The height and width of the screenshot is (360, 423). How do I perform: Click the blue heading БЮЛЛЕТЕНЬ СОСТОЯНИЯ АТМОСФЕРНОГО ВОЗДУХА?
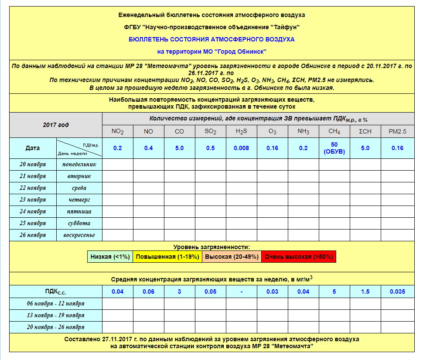click(x=211, y=39)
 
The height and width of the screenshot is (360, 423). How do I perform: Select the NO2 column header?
click(x=118, y=131)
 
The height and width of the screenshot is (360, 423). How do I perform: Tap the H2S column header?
click(x=241, y=131)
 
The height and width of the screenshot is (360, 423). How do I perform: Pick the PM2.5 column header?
click(x=397, y=131)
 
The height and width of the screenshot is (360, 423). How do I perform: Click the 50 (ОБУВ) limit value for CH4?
click(x=334, y=148)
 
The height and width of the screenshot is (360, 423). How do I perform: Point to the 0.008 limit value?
click(x=241, y=148)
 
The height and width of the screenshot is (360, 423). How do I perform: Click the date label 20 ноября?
click(x=33, y=165)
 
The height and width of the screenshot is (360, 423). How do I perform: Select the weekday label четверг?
click(x=79, y=200)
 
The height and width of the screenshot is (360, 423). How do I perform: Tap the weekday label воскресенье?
click(x=79, y=235)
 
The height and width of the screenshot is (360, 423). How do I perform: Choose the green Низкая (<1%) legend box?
click(x=110, y=257)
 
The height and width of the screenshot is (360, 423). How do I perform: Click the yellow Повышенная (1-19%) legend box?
click(x=167, y=257)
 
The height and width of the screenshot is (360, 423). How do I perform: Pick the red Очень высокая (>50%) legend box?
click(x=299, y=257)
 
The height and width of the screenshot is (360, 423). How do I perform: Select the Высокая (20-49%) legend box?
click(x=232, y=257)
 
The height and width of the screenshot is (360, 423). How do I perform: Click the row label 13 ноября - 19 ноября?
click(x=55, y=315)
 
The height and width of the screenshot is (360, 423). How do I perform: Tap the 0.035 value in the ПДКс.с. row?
click(x=397, y=291)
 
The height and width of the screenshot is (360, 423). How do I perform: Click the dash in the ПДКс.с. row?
click(x=241, y=291)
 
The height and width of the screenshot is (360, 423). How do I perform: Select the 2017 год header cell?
click(x=55, y=125)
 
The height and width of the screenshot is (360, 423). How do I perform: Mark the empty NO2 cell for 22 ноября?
click(x=118, y=188)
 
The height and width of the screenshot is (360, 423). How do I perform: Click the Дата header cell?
click(x=33, y=148)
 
